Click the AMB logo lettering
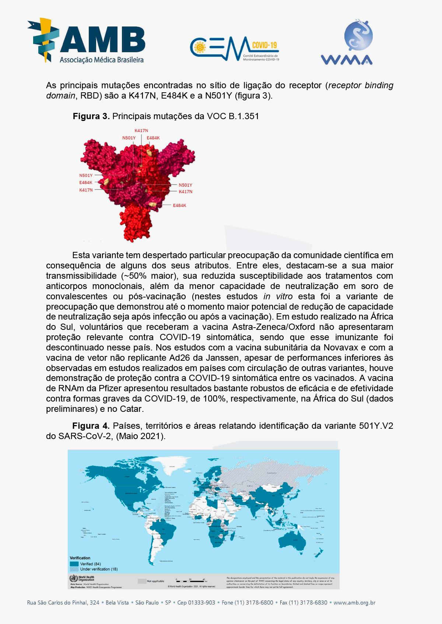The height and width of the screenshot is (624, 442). pyautogui.click(x=102, y=39)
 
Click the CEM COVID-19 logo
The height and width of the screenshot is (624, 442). pyautogui.click(x=234, y=48)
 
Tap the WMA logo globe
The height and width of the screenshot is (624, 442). pyautogui.click(x=358, y=36)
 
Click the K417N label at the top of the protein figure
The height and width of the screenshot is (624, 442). pyautogui.click(x=141, y=131)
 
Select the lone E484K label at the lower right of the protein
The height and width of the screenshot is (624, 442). pyautogui.click(x=179, y=206)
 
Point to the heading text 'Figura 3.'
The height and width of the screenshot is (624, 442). pyautogui.click(x=91, y=116)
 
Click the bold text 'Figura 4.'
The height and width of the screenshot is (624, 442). pyautogui.click(x=91, y=426)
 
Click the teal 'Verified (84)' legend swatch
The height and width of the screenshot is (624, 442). pyautogui.click(x=74, y=564)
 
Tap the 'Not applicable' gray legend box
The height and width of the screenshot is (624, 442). pyautogui.click(x=142, y=581)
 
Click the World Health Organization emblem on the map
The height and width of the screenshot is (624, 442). pyautogui.click(x=74, y=578)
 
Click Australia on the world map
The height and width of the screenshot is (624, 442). pyautogui.click(x=292, y=541)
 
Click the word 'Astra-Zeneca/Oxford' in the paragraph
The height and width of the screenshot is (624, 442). pyautogui.click(x=273, y=327)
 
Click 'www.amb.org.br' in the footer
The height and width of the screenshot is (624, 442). pyautogui.click(x=354, y=603)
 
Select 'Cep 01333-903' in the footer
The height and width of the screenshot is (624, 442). pyautogui.click(x=196, y=603)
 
